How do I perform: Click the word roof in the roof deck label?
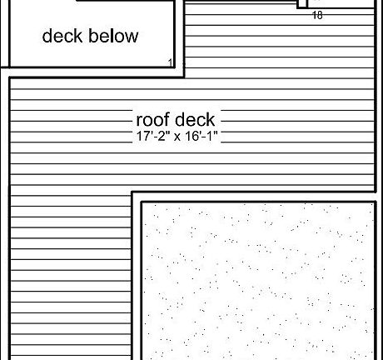point(153,120)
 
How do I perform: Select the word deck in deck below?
point(62,36)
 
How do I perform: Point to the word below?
point(114,36)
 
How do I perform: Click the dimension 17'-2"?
point(151,136)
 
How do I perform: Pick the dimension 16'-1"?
point(200,136)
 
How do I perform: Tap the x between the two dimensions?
point(177,137)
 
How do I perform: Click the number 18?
point(317,15)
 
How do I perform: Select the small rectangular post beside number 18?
point(302,4)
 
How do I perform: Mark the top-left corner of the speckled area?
point(142,202)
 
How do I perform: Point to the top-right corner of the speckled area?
point(376,202)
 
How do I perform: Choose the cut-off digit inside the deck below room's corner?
point(171,63)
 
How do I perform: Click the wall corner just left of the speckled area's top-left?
point(132,192)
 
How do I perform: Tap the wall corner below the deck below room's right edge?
point(183,77)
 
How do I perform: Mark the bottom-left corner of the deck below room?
point(10,67)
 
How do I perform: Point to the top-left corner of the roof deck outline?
point(10,78)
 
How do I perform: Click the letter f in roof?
point(167,119)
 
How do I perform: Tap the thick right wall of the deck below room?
point(174,34)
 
